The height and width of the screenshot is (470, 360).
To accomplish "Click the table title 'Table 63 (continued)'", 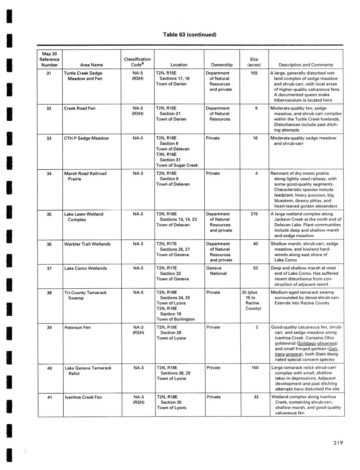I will (189, 35).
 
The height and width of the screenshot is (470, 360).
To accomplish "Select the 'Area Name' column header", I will (92, 65).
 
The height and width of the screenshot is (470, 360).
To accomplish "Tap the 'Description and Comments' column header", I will (306, 65).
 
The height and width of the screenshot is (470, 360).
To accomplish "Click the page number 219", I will (338, 443).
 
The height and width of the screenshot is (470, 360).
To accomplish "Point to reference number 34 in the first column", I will (49, 173).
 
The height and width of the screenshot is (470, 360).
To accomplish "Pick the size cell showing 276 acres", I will (254, 214).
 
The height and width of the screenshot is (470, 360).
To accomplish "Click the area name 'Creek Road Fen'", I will (80, 108).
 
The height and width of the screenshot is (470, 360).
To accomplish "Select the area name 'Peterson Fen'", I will (78, 328).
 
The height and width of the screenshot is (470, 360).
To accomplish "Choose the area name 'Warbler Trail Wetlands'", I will (88, 244).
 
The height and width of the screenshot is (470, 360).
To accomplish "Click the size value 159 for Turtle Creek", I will (254, 73).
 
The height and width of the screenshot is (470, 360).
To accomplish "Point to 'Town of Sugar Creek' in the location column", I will (177, 165).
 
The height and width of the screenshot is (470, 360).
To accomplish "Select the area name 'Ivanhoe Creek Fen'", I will (83, 397).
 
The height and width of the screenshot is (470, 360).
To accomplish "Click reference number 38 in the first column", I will (49, 292).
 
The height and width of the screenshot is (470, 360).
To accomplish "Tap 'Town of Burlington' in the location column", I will (175, 319).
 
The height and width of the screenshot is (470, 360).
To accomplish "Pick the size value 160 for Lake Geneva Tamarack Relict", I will (255, 368).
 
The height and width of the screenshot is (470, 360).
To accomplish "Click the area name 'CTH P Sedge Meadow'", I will (87, 138).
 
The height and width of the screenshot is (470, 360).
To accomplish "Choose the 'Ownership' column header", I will (222, 65).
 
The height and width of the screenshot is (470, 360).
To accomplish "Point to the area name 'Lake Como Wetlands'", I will (85, 268).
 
